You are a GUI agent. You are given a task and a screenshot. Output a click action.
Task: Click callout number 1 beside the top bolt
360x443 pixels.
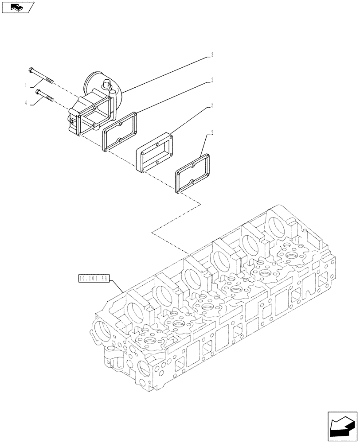click(x=26, y=84)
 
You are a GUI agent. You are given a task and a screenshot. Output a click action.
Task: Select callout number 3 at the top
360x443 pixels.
click(x=212, y=55)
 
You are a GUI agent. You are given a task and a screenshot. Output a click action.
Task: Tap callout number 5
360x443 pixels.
click(x=212, y=105)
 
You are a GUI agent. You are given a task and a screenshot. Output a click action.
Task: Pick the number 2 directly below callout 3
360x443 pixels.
click(x=212, y=80)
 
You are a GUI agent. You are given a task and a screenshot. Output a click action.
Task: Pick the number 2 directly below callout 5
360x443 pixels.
click(x=212, y=132)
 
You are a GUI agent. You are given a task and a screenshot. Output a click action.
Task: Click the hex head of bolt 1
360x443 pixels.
click(x=31, y=70)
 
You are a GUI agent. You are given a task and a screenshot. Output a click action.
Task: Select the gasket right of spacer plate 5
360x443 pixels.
click(x=192, y=173)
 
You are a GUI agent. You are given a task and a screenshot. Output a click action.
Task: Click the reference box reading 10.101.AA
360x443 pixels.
click(x=93, y=279)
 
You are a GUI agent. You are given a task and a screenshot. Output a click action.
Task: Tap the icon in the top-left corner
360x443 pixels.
click(x=17, y=7)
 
